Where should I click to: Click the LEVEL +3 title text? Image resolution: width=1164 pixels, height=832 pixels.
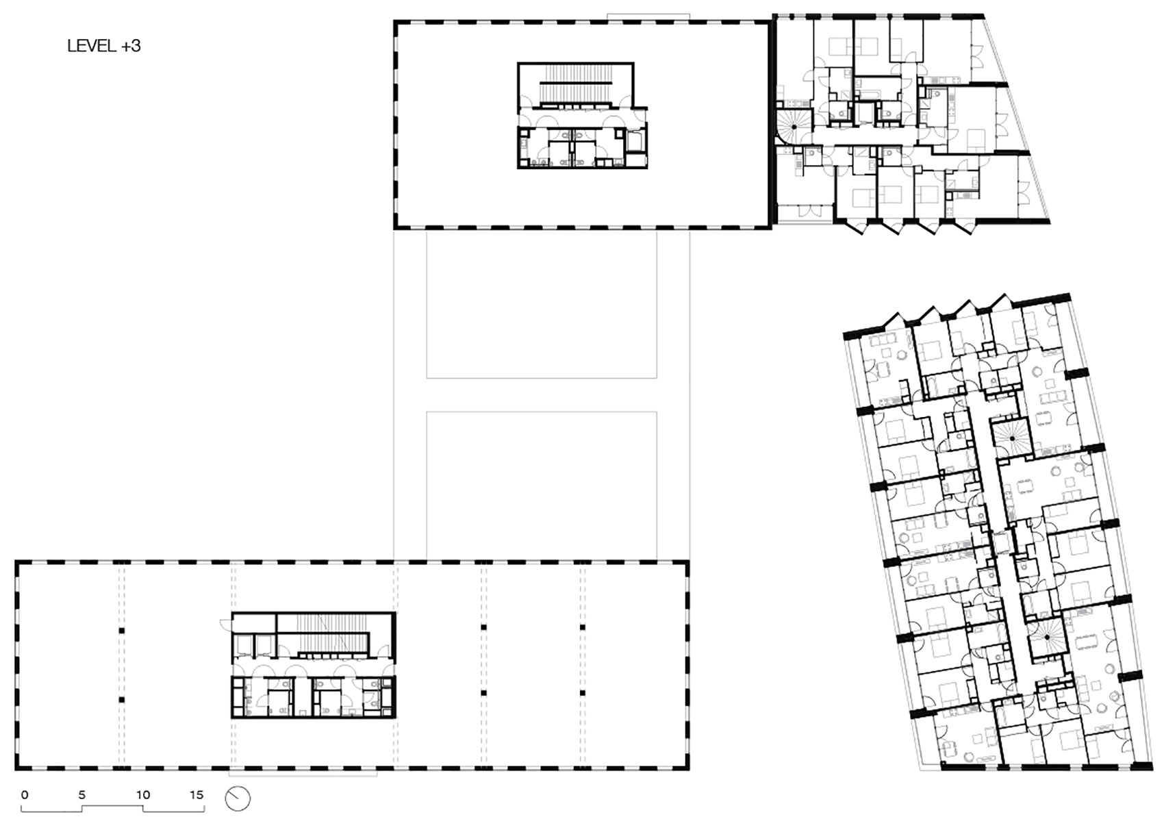pyautogui.click(x=104, y=46)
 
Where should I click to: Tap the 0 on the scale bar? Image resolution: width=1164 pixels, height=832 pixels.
pyautogui.click(x=25, y=795)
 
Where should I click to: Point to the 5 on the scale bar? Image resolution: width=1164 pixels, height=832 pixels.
pyautogui.click(x=82, y=795)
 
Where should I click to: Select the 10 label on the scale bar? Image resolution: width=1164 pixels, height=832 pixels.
pyautogui.click(x=142, y=795)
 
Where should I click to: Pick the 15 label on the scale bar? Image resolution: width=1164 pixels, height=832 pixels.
pyautogui.click(x=197, y=795)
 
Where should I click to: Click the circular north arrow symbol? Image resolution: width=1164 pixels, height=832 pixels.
pyautogui.click(x=238, y=798)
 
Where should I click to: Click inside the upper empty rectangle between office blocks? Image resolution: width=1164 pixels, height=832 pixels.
pyautogui.click(x=542, y=305)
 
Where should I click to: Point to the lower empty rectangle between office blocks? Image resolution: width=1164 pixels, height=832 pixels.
pyautogui.click(x=542, y=483)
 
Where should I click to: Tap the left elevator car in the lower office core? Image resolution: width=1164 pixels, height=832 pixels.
pyautogui.click(x=242, y=644)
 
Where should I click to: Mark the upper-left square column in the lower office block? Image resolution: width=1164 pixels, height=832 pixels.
pyautogui.click(x=122, y=629)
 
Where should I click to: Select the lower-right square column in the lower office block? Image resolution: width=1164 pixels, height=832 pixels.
pyautogui.click(x=583, y=693)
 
